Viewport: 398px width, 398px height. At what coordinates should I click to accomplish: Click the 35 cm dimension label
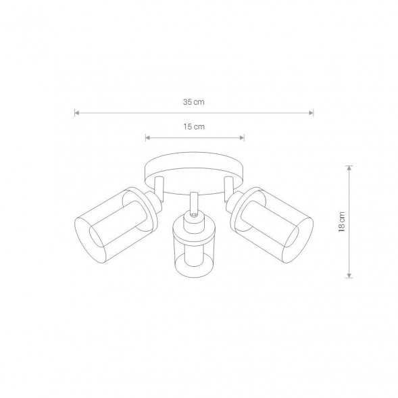tap(194, 102)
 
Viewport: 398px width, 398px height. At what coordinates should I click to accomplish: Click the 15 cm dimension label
tap(194, 126)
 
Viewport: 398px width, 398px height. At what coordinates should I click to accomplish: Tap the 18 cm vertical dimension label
tap(342, 222)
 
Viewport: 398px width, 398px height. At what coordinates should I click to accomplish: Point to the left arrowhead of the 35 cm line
tap(76, 113)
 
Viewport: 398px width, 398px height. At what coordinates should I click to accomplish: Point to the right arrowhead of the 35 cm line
tap(311, 113)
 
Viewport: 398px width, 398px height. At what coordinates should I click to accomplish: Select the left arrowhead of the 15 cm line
tap(147, 138)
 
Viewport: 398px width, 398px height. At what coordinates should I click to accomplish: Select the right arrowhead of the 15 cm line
tap(242, 138)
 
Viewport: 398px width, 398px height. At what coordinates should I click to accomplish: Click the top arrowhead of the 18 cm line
tap(349, 168)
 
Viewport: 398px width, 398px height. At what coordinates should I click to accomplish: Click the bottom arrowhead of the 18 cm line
tap(349, 276)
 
